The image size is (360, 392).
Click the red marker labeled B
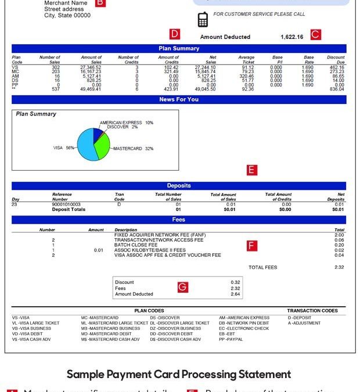pyautogui.click(x=100, y=3)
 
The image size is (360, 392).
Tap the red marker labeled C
pyautogui.click(x=315, y=34)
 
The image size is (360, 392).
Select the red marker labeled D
pyautogui.click(x=175, y=34)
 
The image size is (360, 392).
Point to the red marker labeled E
pyautogui.click(x=251, y=170)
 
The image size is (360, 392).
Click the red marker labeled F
pyautogui.click(x=251, y=245)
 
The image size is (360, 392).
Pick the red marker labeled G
pyautogui.click(x=182, y=287)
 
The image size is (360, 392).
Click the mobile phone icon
pyautogui.click(x=203, y=19)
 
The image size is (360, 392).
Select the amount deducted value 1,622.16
pyautogui.click(x=291, y=37)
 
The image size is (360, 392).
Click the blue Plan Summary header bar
pyautogui.click(x=179, y=49)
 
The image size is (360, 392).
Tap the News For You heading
pyautogui.click(x=179, y=100)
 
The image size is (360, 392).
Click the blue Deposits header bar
pyautogui.click(x=179, y=186)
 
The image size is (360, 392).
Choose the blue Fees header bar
pyautogui.click(x=179, y=220)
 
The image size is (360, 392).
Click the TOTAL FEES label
pyautogui.click(x=263, y=268)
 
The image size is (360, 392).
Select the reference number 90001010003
pyautogui.click(x=66, y=204)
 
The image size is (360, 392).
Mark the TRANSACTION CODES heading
pyautogui.click(x=312, y=311)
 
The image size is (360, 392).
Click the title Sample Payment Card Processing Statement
pyautogui.click(x=179, y=375)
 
